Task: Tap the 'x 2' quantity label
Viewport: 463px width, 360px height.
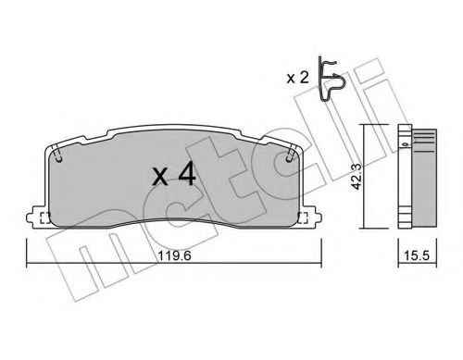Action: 298,78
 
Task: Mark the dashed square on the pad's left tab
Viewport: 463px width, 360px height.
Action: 43,218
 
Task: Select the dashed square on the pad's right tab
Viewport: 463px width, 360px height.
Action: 303,218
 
